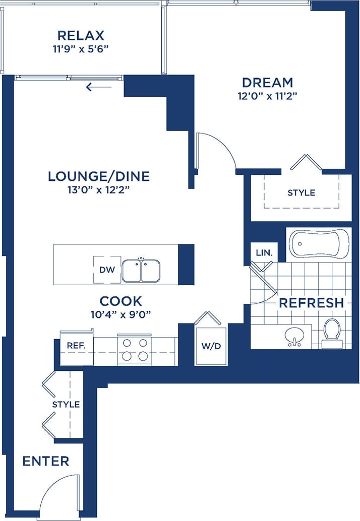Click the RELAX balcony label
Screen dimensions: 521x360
pyautogui.click(x=81, y=36)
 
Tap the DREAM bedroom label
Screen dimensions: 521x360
pyautogui.click(x=267, y=82)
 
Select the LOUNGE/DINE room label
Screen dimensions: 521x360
pyautogui.click(x=99, y=176)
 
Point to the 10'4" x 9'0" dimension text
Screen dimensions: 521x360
pyautogui.click(x=121, y=314)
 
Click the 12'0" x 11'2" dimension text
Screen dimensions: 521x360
pyautogui.click(x=267, y=96)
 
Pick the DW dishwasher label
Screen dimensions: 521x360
pyautogui.click(x=107, y=270)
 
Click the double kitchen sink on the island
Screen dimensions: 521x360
pyautogui.click(x=141, y=271)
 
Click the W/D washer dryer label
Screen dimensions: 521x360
pyautogui.click(x=211, y=346)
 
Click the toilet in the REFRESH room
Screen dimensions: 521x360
pyautogui.click(x=332, y=332)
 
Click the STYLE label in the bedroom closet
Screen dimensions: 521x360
pyautogui.click(x=301, y=192)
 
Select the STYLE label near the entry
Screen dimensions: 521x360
pyautogui.click(x=66, y=404)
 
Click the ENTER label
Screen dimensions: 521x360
pyautogui.click(x=46, y=461)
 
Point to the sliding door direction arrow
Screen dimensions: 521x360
pyautogui.click(x=98, y=87)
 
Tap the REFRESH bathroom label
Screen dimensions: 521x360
pyautogui.click(x=311, y=303)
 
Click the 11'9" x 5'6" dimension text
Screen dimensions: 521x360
pyautogui.click(x=81, y=49)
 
